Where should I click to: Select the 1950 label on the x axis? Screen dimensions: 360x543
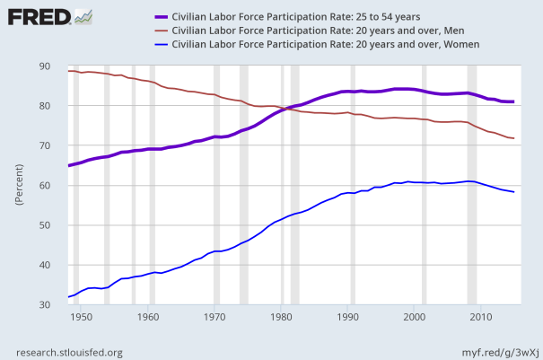81,317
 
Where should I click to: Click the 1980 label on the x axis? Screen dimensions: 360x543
281,317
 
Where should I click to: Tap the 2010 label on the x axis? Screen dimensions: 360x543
481,317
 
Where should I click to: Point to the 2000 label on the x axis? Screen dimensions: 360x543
415,317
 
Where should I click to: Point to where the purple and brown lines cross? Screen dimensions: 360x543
285,109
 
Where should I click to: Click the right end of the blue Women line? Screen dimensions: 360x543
513,192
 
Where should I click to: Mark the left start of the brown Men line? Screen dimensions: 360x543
68,71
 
